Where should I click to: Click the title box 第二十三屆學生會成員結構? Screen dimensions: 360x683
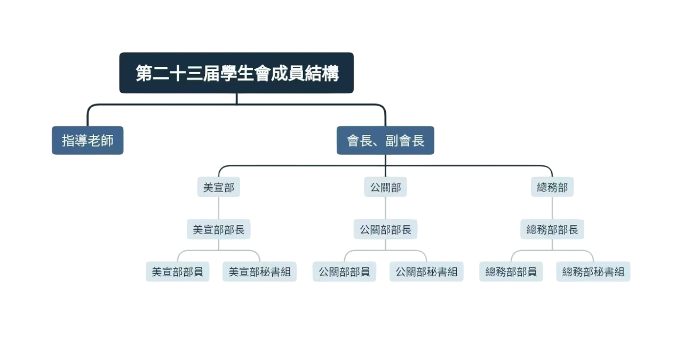pos(236,73)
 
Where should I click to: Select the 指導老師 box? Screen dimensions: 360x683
pos(88,140)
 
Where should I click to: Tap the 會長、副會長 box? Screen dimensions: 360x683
pos(385,140)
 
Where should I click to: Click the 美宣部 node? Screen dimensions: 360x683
pos(219,187)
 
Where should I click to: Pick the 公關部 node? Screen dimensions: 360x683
pos(385,187)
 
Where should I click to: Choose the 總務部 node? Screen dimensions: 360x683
pos(552,187)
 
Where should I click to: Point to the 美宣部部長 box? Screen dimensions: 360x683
pos(219,230)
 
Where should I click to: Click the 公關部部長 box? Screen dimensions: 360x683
pos(385,230)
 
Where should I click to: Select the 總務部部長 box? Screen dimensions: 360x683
pos(552,230)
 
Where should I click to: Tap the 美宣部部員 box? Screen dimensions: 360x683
pos(178,271)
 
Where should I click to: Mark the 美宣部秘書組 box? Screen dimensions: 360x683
pos(260,271)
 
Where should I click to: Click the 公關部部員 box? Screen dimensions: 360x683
pos(344,271)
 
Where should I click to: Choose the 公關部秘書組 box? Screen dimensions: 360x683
pos(426,271)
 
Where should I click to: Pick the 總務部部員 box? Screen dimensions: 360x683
pos(511,271)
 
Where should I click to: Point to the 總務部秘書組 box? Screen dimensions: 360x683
pos(593,271)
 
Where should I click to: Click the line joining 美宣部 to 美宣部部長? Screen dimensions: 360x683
pos(219,209)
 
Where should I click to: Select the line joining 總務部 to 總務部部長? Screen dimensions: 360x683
pos(552,209)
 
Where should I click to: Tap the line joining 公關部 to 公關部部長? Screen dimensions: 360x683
pos(385,209)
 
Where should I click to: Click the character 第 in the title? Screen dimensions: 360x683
pos(144,73)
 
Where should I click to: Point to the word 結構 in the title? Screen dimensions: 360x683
pos(321,73)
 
